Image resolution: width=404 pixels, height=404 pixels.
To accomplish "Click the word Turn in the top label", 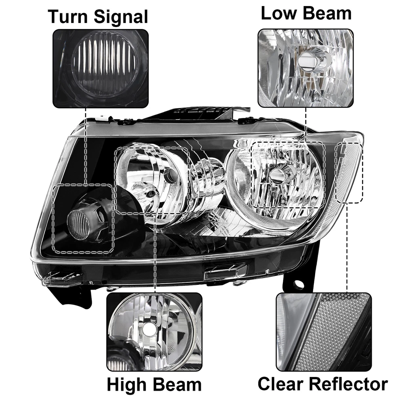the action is (68, 17).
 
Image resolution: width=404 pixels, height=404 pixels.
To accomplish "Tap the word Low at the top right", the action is (278, 13).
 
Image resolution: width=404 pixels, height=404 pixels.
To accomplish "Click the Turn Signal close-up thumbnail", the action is (101, 68).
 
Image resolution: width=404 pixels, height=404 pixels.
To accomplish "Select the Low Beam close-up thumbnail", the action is (305, 68).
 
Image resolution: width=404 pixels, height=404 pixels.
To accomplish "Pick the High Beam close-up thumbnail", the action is (154, 332).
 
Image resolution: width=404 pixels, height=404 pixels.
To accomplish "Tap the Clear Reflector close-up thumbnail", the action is (324, 332).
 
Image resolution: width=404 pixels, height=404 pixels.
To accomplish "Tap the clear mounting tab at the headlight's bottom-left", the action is (63, 279).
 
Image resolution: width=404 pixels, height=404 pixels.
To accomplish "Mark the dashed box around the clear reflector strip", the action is (349, 173).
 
